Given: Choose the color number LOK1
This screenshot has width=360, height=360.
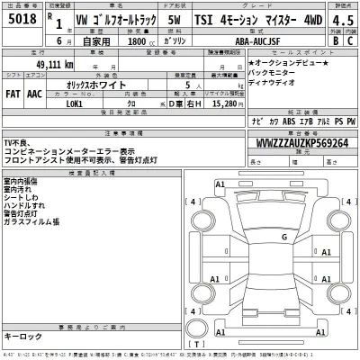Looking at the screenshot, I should tap(67, 104).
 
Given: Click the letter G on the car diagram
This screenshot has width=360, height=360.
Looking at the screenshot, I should tap(283, 237).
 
